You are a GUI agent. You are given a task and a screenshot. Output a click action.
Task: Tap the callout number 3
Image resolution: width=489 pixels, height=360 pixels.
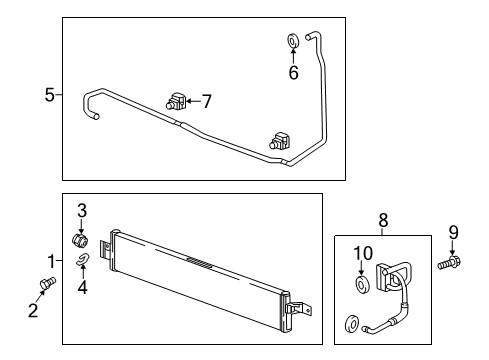pos(82,211)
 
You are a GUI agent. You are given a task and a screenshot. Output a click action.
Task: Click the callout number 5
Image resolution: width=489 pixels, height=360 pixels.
pos(50,96)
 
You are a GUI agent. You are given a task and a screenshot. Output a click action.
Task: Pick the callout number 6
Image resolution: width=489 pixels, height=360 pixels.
pos(292,73)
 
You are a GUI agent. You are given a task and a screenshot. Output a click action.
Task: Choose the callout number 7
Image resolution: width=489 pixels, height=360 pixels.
pos(207,100)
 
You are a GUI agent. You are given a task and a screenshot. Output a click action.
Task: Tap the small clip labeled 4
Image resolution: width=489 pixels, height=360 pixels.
pos(83,263)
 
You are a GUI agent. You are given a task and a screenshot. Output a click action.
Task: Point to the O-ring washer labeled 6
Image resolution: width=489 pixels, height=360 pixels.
pos(292,41)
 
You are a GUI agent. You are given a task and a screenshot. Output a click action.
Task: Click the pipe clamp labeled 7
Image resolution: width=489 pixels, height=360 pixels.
pos(176,100)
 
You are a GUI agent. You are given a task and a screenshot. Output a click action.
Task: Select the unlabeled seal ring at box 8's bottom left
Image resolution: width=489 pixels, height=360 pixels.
pos(352,324)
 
